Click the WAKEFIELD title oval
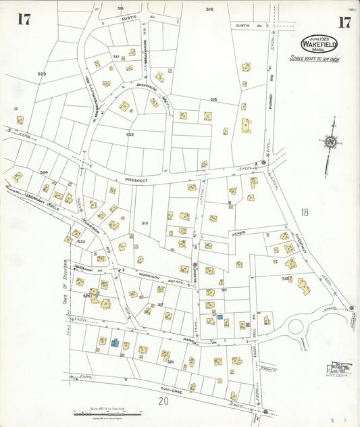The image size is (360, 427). point(319,44)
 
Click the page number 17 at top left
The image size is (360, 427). point(24,19)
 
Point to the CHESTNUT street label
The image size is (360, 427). point(301,240)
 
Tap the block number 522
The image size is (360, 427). point(130,134)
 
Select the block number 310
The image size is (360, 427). point(144,223)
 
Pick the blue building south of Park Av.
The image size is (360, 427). point(115,343)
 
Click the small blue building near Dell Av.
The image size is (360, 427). point(220,316)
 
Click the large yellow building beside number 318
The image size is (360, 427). point(303,286)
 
